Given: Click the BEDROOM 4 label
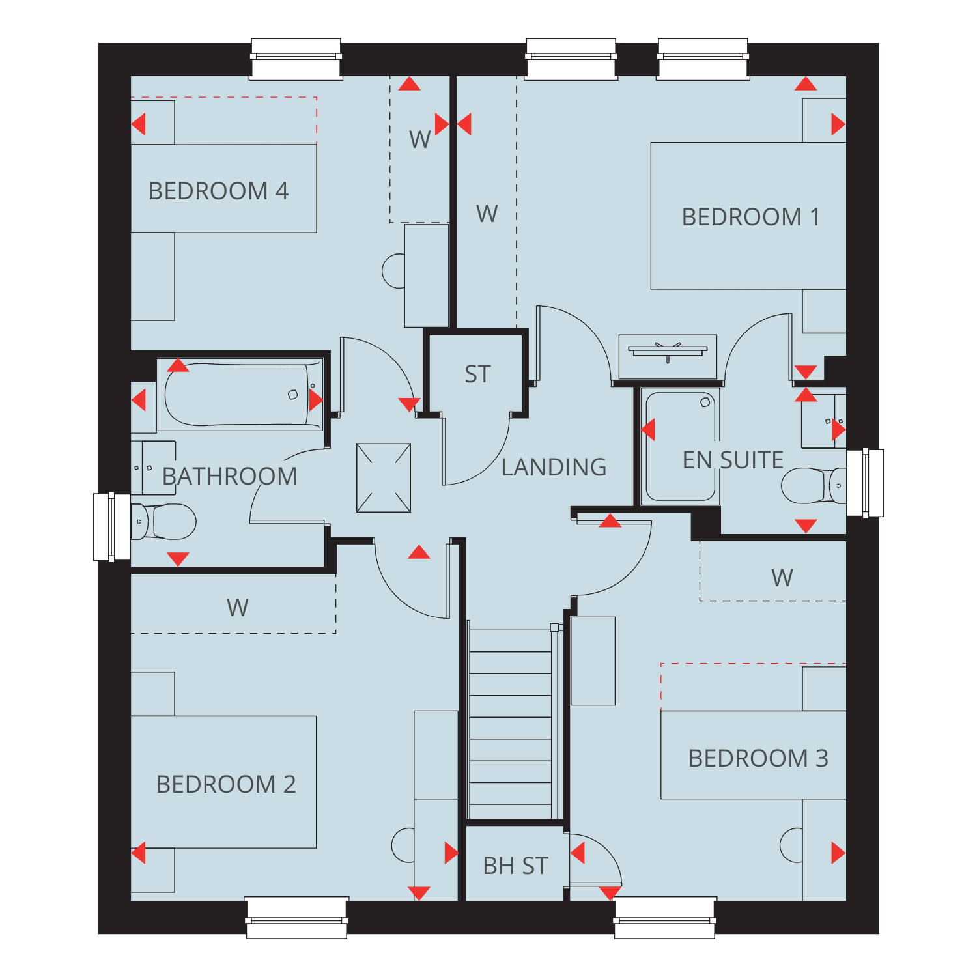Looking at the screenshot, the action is point(218,191).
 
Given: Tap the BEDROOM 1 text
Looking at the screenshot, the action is point(750,217).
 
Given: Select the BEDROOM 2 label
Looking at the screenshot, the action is point(226,784).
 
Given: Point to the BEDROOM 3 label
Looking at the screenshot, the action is point(758,758).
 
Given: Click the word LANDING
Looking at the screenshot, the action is point(554,467).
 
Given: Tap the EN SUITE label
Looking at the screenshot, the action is point(733,460).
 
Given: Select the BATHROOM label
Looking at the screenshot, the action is point(229,476).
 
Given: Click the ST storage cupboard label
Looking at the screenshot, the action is point(477,375).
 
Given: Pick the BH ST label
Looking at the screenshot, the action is point(515,866).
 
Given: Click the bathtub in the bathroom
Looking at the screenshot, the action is point(240,395).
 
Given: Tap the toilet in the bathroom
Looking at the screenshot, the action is point(163,522).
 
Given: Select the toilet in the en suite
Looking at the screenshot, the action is point(814,486).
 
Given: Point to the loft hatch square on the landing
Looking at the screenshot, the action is point(384,478).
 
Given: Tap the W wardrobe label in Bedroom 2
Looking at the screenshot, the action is point(238,608).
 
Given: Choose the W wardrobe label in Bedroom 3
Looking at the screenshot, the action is point(782,578).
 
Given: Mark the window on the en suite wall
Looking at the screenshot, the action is point(865,483).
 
